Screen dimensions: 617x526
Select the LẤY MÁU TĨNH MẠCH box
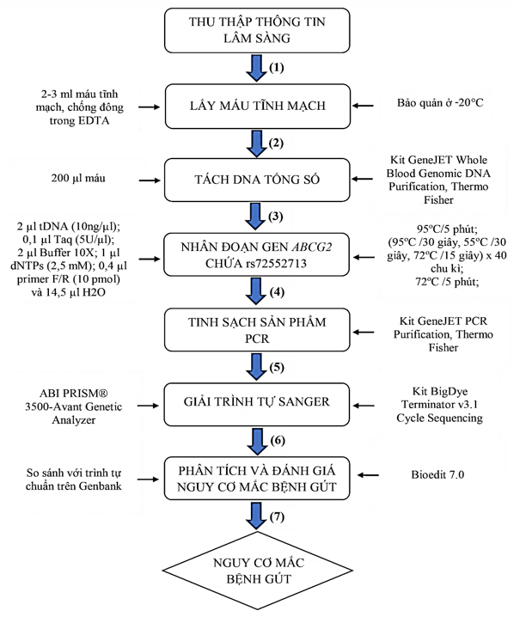[x=257, y=107]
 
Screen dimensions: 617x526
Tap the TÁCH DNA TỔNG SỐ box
[x=257, y=180]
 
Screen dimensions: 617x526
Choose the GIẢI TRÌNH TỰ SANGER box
[x=257, y=400]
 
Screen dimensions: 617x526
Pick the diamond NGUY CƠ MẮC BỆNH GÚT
[x=257, y=571]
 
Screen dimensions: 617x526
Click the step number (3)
[x=277, y=215]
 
